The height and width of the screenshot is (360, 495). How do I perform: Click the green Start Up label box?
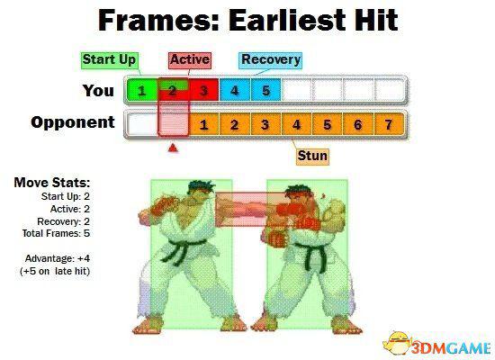pyautogui.click(x=109, y=60)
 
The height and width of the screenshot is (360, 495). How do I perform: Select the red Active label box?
pyautogui.click(x=190, y=60)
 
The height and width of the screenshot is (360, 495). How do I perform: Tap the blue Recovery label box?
pyautogui.click(x=271, y=60)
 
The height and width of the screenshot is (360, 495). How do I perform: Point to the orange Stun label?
pyautogui.click(x=312, y=157)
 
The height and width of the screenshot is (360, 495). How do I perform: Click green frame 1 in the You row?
pyautogui.click(x=141, y=91)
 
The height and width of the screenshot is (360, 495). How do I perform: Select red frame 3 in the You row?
pyautogui.click(x=203, y=91)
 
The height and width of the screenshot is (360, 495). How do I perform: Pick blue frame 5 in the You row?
pyautogui.click(x=265, y=91)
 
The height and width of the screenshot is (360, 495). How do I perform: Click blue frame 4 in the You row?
pyautogui.click(x=235, y=91)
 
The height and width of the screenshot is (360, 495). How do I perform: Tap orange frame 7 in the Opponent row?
pyautogui.click(x=389, y=124)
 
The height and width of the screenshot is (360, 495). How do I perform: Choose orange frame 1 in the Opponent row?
pyautogui.click(x=204, y=124)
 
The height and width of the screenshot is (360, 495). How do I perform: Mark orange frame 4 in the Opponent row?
pyautogui.click(x=296, y=124)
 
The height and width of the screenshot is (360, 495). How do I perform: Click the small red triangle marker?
pyautogui.click(x=173, y=148)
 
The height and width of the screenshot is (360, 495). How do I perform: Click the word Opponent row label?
pyautogui.click(x=73, y=122)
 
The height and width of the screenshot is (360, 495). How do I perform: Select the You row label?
pyautogui.click(x=98, y=91)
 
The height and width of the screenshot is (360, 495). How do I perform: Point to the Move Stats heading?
pyautogui.click(x=52, y=183)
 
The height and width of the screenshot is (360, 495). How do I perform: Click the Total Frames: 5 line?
pyautogui.click(x=56, y=233)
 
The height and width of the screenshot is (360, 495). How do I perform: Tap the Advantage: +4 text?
pyautogui.click(x=58, y=258)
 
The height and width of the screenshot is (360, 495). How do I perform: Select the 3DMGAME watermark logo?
pyautogui.click(x=437, y=346)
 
